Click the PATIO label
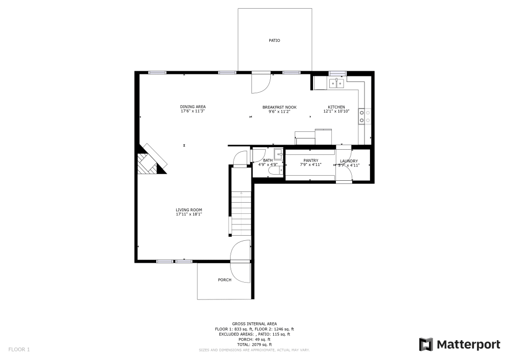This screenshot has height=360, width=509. point(274,40)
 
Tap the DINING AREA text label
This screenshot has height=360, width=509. point(192,106)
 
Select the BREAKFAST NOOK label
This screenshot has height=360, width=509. point(279,107)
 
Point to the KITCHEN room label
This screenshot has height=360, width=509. point(336,107)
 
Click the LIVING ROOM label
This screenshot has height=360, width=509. point(189,210)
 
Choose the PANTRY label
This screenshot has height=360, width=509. point(310,160)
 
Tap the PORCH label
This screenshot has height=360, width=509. point(224,280)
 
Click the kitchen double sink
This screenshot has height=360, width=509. point(336,83)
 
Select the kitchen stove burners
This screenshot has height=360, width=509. point(364,117)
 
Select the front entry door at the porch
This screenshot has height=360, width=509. point(241,261)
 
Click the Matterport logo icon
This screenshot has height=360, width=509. point(426,345)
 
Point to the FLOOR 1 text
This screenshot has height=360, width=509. point(19,349)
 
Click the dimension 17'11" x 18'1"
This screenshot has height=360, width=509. point(189,214)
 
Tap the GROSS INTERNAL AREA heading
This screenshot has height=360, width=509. point(254,324)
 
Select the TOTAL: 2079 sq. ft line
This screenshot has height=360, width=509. point(254,345)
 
